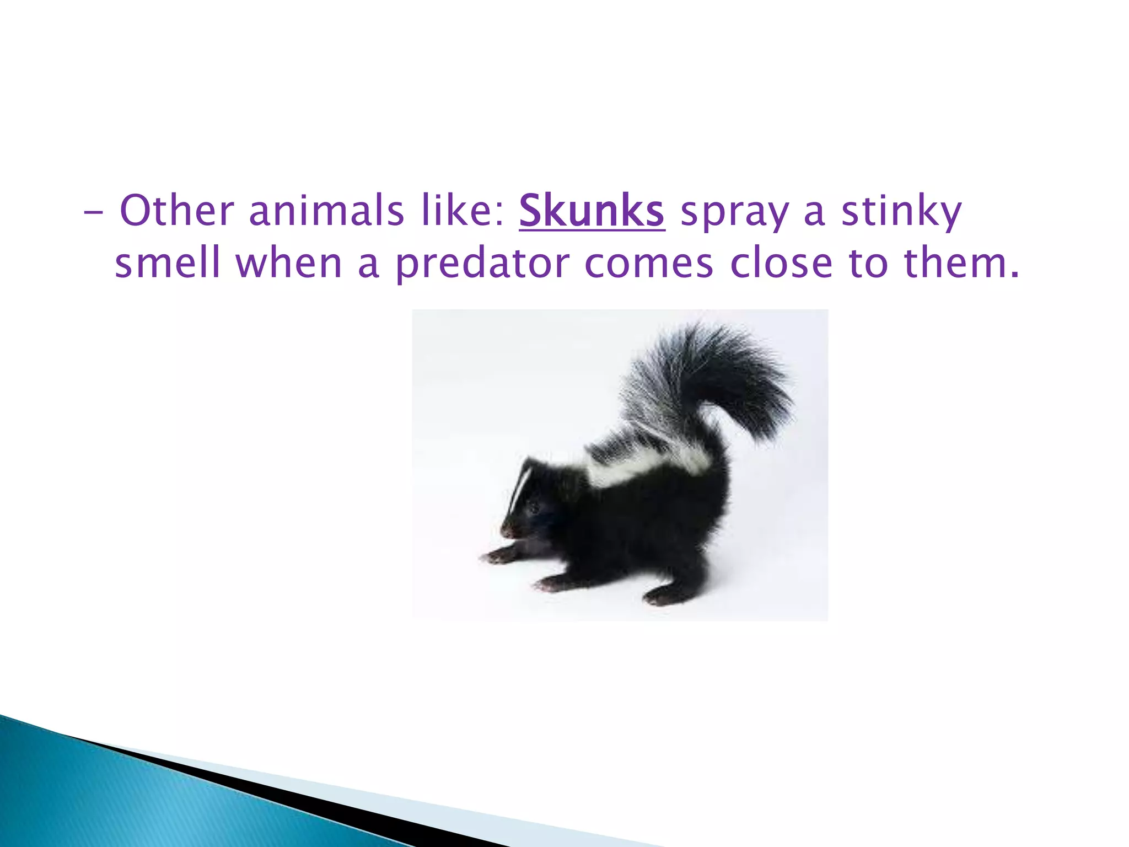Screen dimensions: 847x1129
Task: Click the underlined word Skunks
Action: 592,211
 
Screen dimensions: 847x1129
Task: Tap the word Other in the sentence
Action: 177,211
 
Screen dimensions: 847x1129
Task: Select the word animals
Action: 326,211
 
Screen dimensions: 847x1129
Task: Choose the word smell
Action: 168,263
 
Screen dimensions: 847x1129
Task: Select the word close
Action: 781,263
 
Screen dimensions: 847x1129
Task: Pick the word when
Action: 289,263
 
